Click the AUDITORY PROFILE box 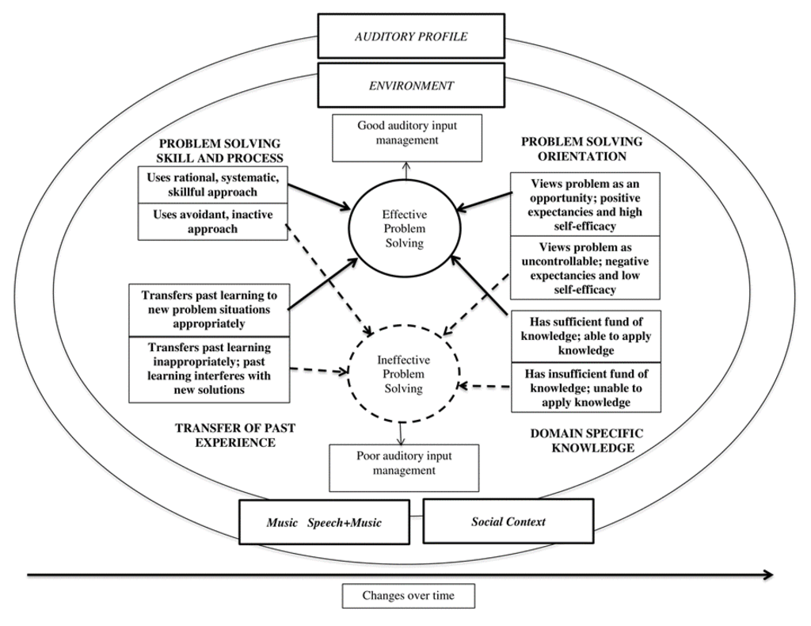click(410, 36)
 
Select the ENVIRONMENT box click(410, 85)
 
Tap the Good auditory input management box click(397, 133)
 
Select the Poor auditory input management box click(404, 464)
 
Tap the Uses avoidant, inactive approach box click(212, 221)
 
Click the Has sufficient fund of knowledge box click(587, 335)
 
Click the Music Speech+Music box click(326, 522)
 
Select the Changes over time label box click(409, 596)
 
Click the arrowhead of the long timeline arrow click(767, 574)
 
